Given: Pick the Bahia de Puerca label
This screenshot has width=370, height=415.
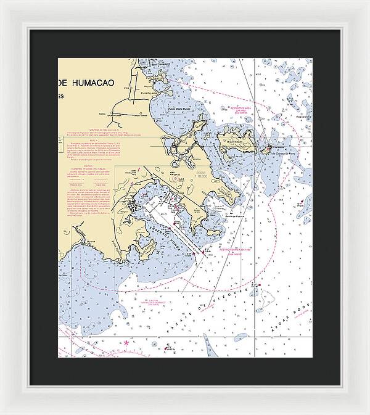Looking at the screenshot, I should tap(231, 215).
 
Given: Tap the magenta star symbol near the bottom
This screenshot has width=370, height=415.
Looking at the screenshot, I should tap(126, 342).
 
